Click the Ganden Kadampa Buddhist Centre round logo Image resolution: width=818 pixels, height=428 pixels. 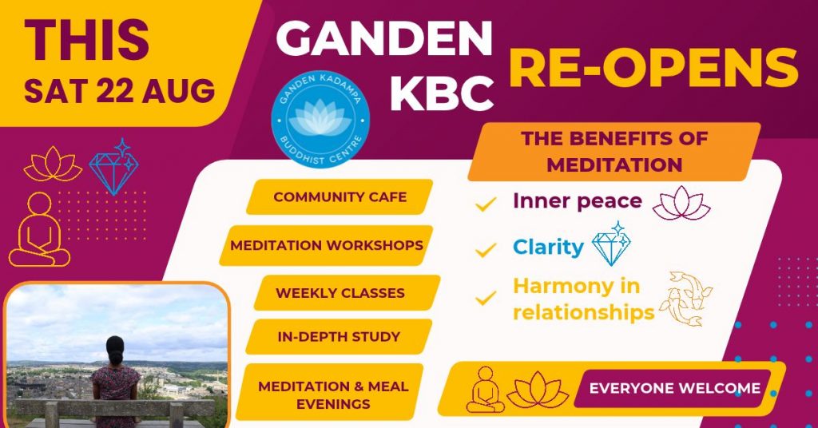coord(320,118)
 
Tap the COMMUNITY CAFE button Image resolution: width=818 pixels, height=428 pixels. coord(340,197)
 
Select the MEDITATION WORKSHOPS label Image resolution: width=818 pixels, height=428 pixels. coord(327,245)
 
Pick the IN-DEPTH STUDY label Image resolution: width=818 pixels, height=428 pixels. coord(339,337)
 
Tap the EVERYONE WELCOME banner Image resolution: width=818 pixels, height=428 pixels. coord(674,388)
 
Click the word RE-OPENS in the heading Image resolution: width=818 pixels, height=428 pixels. coord(653,68)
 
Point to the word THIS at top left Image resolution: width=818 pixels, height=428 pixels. coord(87,40)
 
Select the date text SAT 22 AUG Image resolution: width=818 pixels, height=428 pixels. coord(120,91)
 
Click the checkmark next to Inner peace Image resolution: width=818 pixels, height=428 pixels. coord(486,204)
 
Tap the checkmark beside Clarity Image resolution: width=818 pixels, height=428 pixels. coord(486,250)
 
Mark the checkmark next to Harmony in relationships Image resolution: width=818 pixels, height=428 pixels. coord(486,298)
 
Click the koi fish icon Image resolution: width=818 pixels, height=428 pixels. coord(685,298)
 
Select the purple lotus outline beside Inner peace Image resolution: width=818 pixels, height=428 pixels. coord(681,203)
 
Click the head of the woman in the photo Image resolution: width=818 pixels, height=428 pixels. coord(115,351)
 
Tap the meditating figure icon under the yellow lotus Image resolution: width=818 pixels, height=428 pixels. coord(39,229)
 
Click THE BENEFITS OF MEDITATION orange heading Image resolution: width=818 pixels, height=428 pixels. coord(614,152)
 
